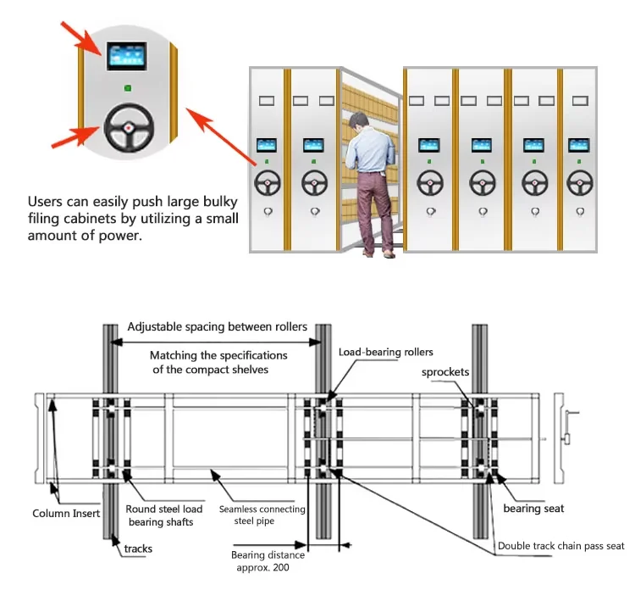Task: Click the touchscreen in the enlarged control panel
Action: coord(127,56)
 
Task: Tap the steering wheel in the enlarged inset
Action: coord(129,128)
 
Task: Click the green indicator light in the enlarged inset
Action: coord(128,88)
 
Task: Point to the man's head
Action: coord(358,121)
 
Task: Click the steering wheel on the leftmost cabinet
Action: coord(268,183)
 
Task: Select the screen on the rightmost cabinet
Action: coord(579,145)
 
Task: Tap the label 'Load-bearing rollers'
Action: coord(385,352)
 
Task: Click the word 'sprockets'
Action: coord(445,372)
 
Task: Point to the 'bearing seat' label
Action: coord(533,509)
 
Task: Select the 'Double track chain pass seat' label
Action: coord(560,546)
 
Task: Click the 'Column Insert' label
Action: coord(66,514)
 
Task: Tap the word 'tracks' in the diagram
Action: coord(138,549)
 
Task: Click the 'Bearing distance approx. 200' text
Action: coord(268,561)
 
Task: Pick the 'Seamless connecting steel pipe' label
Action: coord(262,515)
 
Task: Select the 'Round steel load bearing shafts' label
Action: coord(163,515)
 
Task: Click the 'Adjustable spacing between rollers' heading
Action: coord(217,327)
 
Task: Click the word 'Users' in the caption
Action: coord(45,202)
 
